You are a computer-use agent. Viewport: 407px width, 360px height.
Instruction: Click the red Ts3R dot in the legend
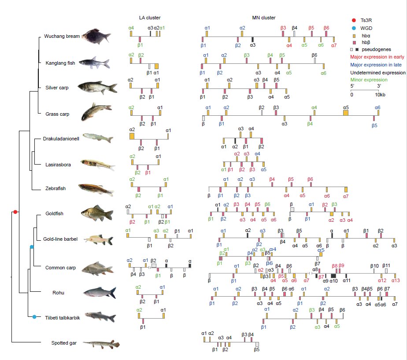pos(354,21)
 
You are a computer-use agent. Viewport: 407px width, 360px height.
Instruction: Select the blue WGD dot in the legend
pos(354,28)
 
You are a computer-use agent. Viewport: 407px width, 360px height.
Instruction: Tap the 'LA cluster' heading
pos(150,18)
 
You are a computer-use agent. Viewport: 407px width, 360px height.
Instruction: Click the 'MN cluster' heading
pos(264,18)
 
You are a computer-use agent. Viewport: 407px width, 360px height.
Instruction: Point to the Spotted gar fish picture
pos(101,344)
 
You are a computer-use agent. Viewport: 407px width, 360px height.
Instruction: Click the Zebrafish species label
pos(55,188)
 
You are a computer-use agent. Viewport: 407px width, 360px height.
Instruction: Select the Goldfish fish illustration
pos(97,213)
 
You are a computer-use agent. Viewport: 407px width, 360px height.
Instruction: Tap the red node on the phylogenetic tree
pos(15,212)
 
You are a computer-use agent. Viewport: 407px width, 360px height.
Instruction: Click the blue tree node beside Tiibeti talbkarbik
pos(34,317)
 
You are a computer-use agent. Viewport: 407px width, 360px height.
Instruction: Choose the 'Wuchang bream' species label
pos(62,36)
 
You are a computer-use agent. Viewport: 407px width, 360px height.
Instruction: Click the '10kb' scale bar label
pos(380,95)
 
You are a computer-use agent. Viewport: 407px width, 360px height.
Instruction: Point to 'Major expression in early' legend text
pos(377,57)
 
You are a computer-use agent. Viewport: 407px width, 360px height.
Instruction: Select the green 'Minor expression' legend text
pos(369,80)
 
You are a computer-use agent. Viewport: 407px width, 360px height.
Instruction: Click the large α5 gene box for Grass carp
pos(346,113)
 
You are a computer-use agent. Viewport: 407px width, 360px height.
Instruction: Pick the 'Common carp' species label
pos(60,268)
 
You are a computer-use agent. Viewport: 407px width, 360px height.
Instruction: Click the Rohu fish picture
pos(100,293)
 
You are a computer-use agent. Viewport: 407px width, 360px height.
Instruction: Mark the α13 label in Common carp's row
pos(396,280)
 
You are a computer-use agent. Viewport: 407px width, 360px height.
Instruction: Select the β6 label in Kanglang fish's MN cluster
pos(314,55)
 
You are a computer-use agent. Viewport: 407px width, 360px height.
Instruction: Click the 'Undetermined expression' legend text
pos(377,73)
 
